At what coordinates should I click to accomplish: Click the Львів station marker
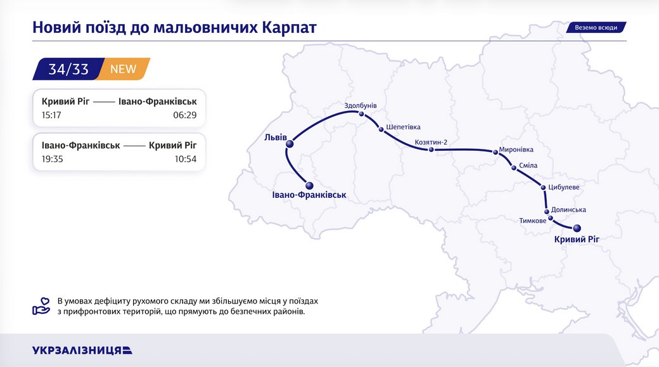[x=290, y=145]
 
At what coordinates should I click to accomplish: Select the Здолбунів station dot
[x=361, y=115]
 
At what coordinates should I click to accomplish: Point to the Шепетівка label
[x=403, y=127]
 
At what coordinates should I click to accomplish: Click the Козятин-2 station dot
[x=431, y=150]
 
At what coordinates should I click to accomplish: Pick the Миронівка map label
[x=516, y=150]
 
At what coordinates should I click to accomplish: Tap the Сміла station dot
[x=514, y=168]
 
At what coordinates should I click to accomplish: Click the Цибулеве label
[x=564, y=188]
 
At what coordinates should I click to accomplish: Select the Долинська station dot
[x=546, y=212]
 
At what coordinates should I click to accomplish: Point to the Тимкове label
[x=532, y=221]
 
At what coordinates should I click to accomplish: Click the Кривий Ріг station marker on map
[x=577, y=228]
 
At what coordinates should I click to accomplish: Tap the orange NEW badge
[x=124, y=69]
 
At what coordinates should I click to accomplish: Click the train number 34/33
[x=68, y=69]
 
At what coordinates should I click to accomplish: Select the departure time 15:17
[x=52, y=115]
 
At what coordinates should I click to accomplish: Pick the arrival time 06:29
[x=185, y=115]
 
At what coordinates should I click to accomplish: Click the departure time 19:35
[x=52, y=159]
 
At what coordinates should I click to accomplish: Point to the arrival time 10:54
[x=185, y=159]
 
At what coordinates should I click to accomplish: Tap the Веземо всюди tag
[x=596, y=28]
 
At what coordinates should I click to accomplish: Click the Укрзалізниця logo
[x=82, y=350]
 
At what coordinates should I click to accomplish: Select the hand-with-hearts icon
[x=41, y=306]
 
